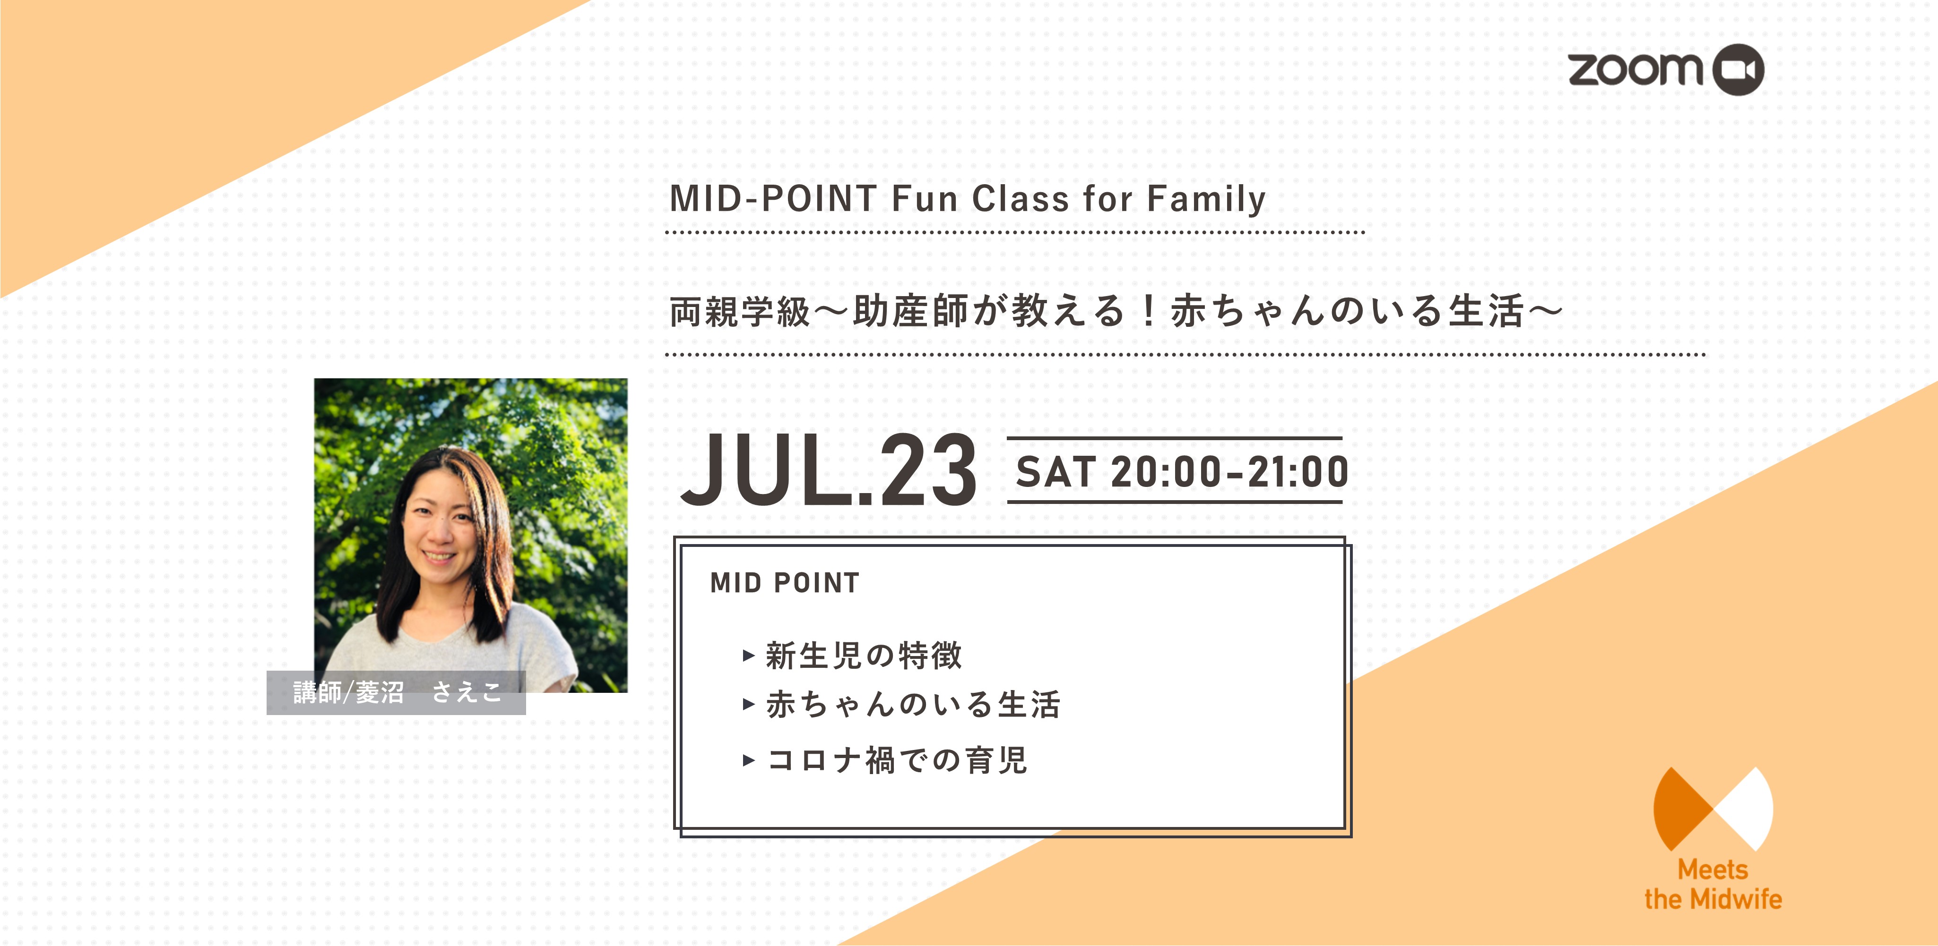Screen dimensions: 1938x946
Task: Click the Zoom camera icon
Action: point(1738,70)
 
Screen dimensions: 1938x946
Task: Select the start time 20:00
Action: point(1166,472)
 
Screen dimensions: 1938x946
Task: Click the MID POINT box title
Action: point(785,583)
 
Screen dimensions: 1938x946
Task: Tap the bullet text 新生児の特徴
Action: point(864,656)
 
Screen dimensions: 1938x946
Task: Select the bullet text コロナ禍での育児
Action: point(897,760)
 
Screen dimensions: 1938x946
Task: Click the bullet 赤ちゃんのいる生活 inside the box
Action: point(913,705)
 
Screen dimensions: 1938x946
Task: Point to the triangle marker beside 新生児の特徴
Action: point(749,656)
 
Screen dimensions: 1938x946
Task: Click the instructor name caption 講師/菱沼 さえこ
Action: point(397,692)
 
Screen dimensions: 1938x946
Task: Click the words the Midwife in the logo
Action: point(1713,899)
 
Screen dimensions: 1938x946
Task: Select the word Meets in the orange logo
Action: point(1713,870)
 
